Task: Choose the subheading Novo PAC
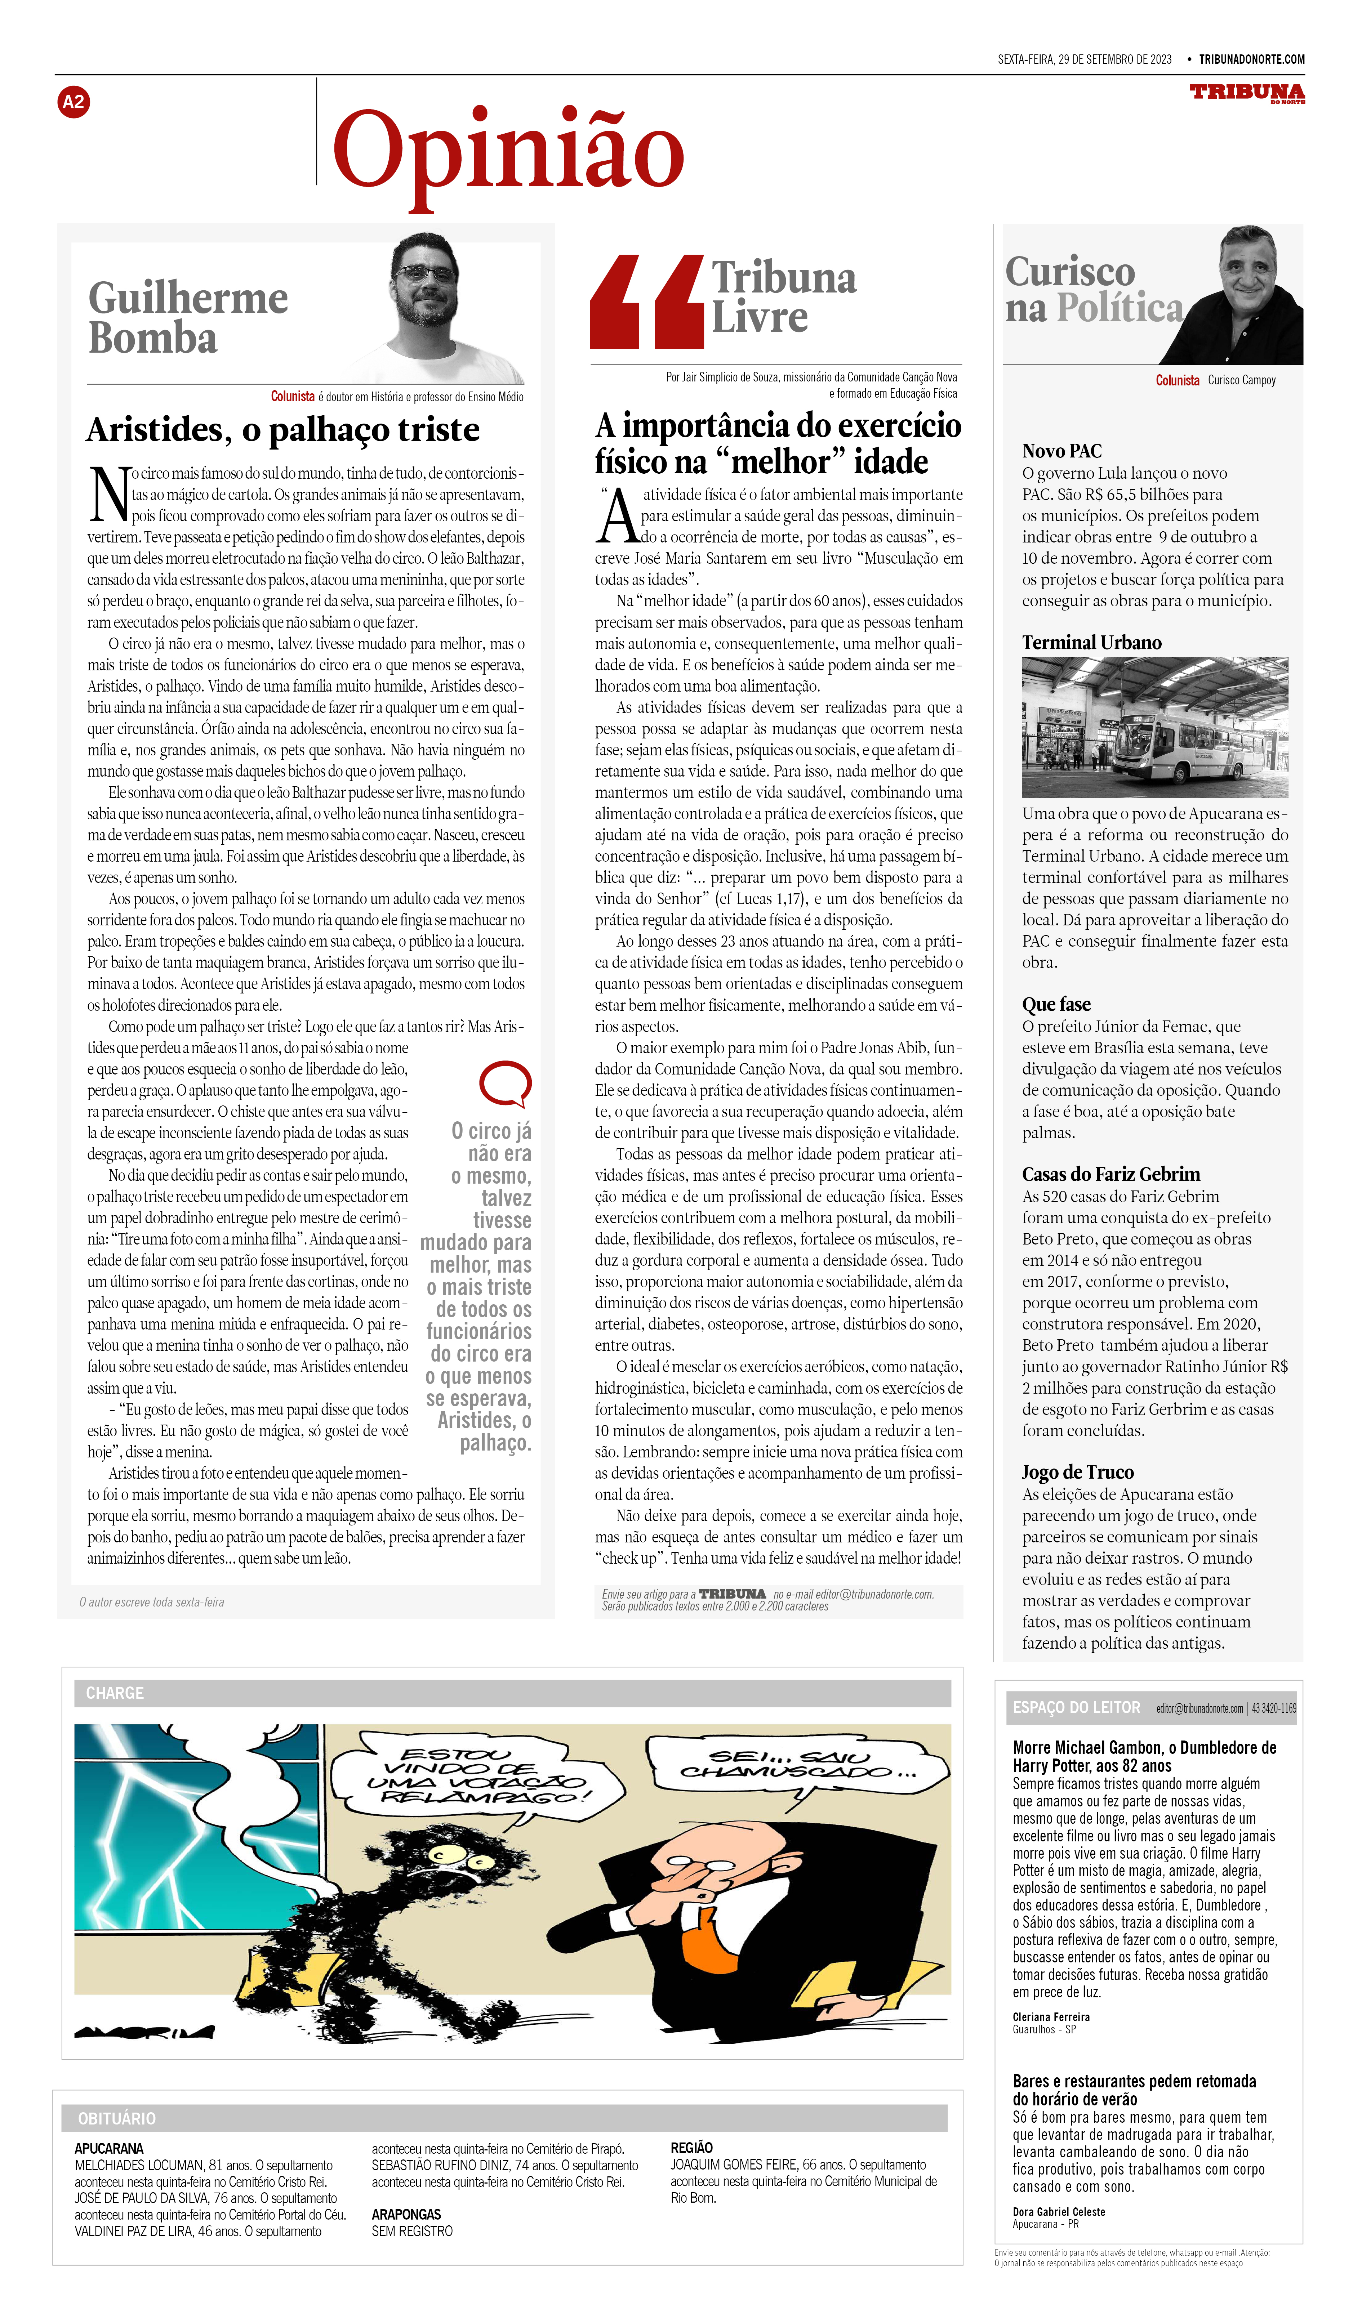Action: pos(1061,451)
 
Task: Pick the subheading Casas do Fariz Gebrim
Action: pos(1111,1174)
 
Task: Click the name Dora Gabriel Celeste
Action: pos(1058,2211)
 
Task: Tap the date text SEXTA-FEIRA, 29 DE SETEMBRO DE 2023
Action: pos(1084,60)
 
